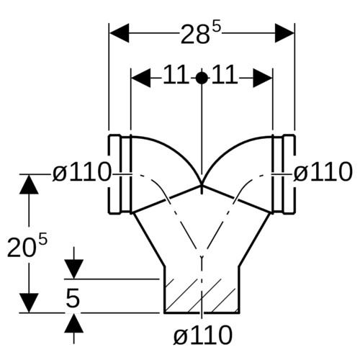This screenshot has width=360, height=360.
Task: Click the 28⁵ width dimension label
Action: point(200,34)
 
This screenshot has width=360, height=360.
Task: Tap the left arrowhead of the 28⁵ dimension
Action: point(120,33)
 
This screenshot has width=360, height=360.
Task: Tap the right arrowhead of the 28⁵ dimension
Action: point(284,33)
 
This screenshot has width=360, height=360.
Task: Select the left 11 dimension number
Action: point(175,75)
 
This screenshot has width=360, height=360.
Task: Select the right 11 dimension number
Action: point(225,75)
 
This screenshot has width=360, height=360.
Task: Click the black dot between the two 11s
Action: point(202,78)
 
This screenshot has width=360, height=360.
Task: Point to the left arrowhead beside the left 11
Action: point(141,78)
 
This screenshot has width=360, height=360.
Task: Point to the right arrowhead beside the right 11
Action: point(263,78)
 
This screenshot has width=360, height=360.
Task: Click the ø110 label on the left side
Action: point(82,172)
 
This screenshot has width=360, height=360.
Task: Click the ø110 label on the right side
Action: point(323,172)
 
